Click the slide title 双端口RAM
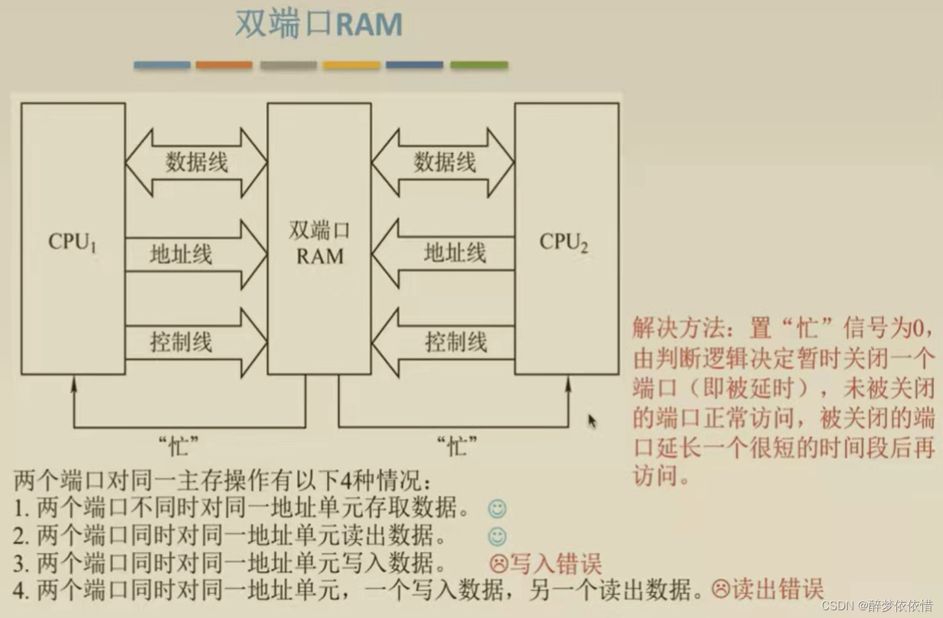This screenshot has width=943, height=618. (318, 25)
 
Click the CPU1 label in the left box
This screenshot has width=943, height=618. (72, 242)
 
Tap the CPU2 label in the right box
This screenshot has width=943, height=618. (563, 242)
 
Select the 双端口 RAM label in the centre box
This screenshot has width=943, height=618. (319, 243)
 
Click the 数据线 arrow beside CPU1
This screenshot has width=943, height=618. (196, 162)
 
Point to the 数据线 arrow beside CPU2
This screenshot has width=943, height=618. (444, 162)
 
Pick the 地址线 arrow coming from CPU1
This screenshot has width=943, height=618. (195, 254)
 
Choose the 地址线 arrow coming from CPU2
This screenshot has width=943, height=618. (444, 253)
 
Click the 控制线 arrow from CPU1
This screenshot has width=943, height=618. (195, 342)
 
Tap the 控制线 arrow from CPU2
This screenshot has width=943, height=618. (444, 342)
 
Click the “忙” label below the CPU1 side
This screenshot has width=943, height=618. (178, 446)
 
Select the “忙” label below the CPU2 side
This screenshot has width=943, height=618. (457, 446)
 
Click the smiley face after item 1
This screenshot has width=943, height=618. (497, 508)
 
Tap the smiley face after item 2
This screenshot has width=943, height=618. (497, 536)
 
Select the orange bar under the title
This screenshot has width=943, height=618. (224, 65)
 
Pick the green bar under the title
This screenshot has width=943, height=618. (479, 65)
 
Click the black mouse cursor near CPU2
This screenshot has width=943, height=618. (592, 421)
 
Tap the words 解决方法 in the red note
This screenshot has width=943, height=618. (678, 328)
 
